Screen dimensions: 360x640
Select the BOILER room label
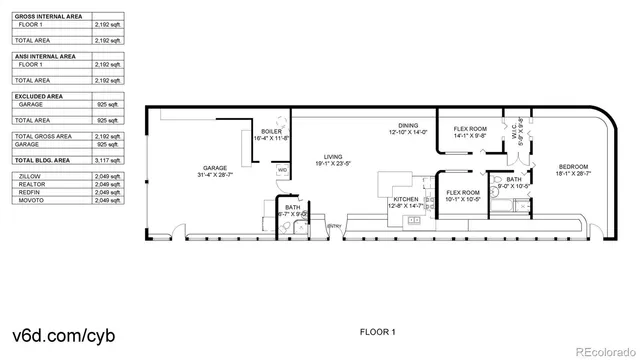pos(272,132)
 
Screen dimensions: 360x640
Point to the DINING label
pos(408,125)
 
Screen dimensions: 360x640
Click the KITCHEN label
pos(405,199)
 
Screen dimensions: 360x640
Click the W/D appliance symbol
pos(282,171)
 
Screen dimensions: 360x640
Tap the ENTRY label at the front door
pos(335,225)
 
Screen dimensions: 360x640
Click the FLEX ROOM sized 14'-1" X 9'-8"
pos(470,129)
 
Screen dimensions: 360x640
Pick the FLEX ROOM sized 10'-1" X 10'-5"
pos(463,192)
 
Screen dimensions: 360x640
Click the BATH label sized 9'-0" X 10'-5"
pos(513,179)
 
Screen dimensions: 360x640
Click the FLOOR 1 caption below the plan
pos(378,331)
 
